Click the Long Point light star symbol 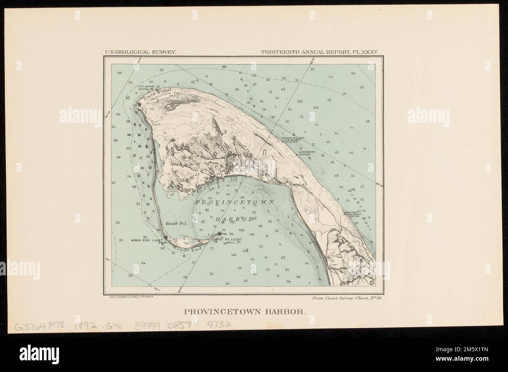click(219, 234)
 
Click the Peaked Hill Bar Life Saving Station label click(292, 140)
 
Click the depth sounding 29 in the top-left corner click(119, 73)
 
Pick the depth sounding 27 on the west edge click(113, 183)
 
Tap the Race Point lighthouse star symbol click(140, 104)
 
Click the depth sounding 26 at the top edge click(224, 67)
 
